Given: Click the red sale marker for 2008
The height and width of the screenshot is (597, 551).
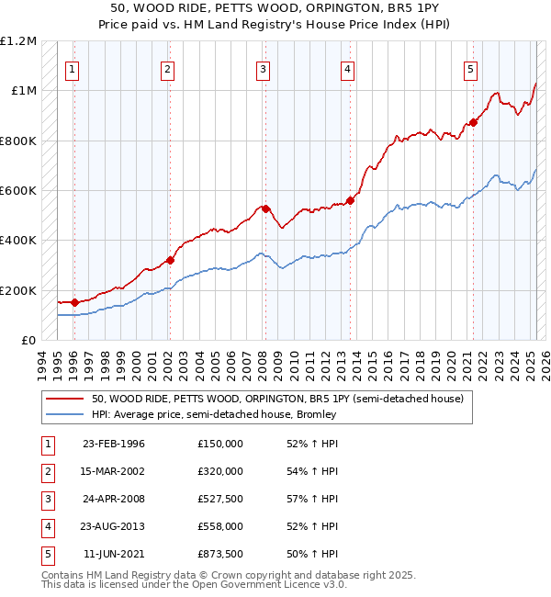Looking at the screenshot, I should pos(264,208).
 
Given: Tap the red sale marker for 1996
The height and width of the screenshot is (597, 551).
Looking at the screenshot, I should pos(73,302).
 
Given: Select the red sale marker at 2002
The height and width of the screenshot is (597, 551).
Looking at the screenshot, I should pos(169,260).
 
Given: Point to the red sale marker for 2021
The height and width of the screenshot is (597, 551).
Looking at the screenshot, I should pos(473,122).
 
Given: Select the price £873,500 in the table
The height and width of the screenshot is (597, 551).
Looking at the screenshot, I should pos(219,554).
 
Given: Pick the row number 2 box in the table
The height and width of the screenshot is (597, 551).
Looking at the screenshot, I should pos(46,471).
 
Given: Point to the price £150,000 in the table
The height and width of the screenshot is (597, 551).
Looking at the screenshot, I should pos(219,444).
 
